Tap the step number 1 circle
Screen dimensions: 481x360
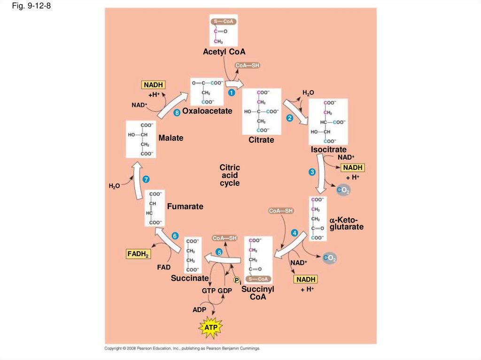point(231,93)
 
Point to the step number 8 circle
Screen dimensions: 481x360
point(177,113)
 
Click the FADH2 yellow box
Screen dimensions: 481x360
point(138,254)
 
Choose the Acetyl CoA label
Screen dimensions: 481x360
point(224,52)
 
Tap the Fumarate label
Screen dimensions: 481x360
point(185,206)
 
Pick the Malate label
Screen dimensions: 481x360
point(171,138)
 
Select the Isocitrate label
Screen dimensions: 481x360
point(328,150)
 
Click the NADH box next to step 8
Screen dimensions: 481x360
point(153,84)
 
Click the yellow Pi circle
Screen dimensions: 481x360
point(237,280)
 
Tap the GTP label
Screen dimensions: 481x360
point(209,291)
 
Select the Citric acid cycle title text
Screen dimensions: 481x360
point(230,175)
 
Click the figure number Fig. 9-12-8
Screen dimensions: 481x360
point(31,7)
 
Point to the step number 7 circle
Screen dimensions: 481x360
point(147,180)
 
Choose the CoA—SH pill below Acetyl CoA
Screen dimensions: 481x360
point(247,65)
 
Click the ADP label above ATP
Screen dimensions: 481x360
point(199,310)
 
